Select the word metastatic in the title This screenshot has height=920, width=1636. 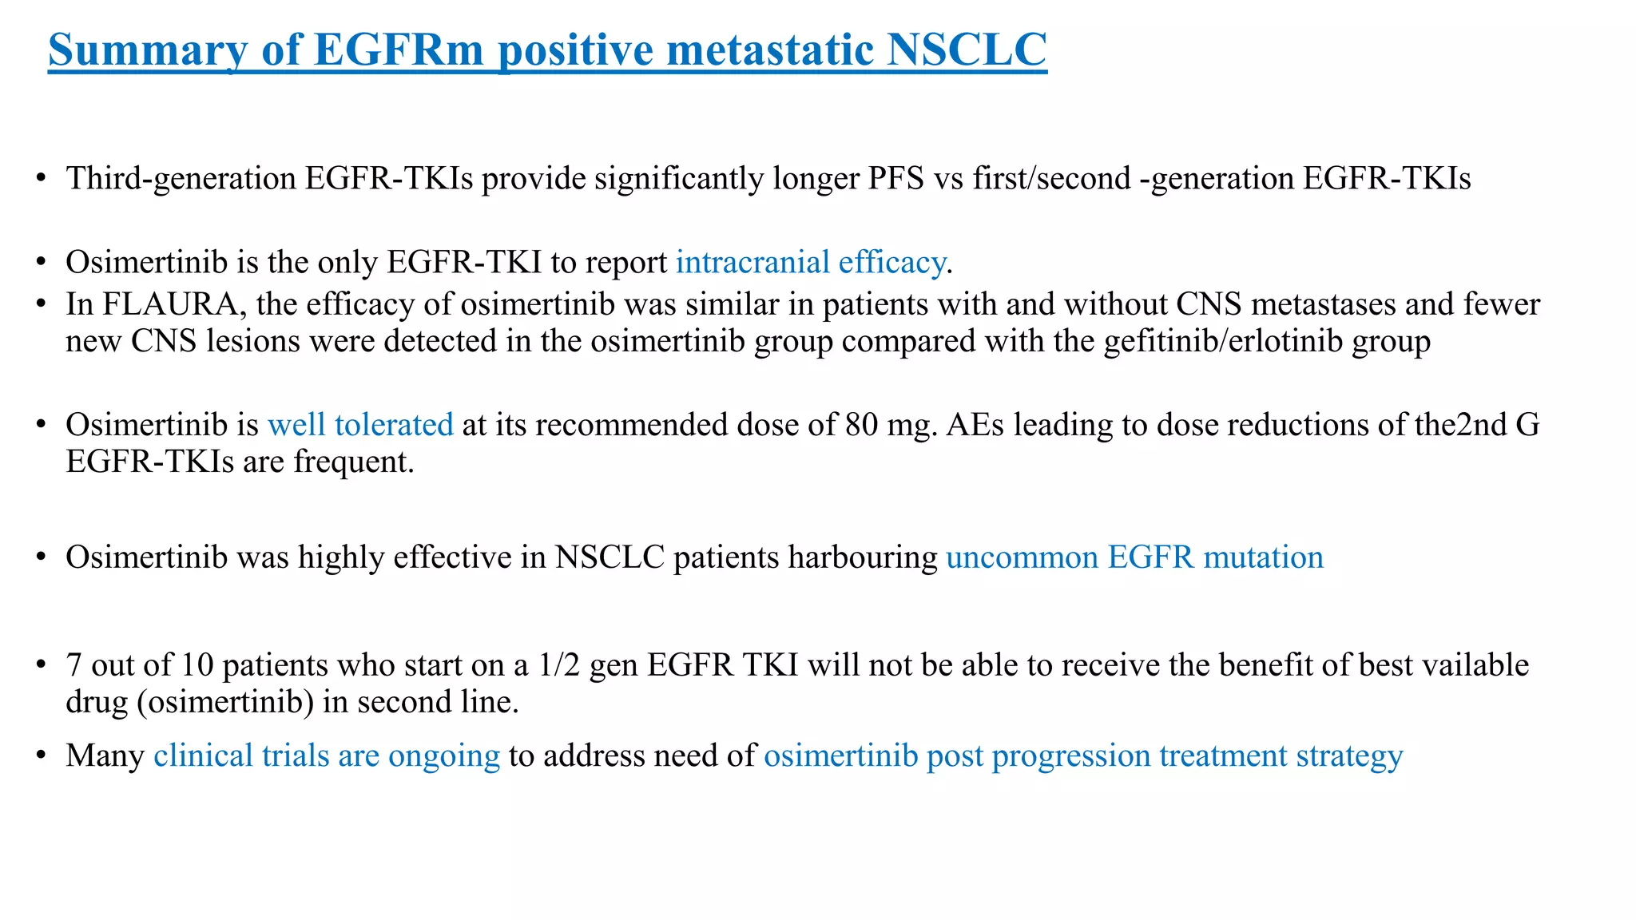[772, 50]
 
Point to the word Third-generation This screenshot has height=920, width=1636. [181, 178]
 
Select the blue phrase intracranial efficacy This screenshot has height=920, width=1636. [810, 262]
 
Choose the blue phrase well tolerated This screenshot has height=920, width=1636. [360, 424]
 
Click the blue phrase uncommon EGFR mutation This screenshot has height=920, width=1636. [1134, 557]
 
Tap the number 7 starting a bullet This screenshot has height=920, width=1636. [73, 665]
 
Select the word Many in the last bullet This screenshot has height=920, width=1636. [105, 755]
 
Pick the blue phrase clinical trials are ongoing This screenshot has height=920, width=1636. [327, 755]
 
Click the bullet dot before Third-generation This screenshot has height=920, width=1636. [40, 180]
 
